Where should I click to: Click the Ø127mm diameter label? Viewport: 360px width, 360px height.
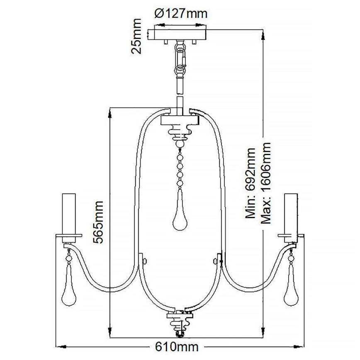click(x=181, y=14)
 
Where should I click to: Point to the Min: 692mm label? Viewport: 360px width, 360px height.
click(x=250, y=183)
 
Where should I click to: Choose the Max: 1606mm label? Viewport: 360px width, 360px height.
click(x=265, y=183)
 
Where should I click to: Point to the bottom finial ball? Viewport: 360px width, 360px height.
click(x=180, y=333)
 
